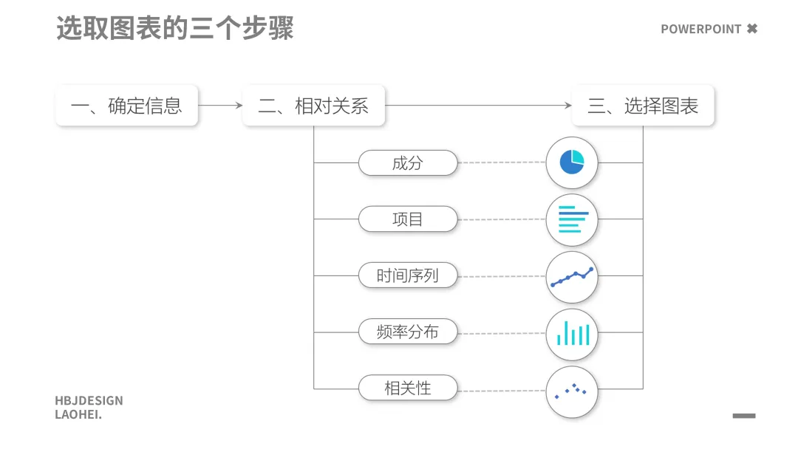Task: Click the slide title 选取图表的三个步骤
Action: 175,29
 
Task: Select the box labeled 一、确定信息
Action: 126,106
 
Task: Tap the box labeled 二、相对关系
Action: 313,106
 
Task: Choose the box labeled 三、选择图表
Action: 643,106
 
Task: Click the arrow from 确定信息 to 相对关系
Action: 220,106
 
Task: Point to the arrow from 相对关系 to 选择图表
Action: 479,106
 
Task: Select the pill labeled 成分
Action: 408,162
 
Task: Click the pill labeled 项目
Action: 408,219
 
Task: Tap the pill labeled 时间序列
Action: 408,276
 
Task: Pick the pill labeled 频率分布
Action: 408,332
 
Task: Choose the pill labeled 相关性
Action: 408,388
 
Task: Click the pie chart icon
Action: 572,162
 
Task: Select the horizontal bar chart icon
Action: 572,219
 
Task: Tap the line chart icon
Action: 572,277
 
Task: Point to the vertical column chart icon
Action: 572,334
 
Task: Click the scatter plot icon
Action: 572,391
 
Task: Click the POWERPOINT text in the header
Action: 700,30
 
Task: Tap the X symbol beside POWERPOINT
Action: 752,29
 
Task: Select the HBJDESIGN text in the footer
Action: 89,401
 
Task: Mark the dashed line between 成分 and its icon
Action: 502,162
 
